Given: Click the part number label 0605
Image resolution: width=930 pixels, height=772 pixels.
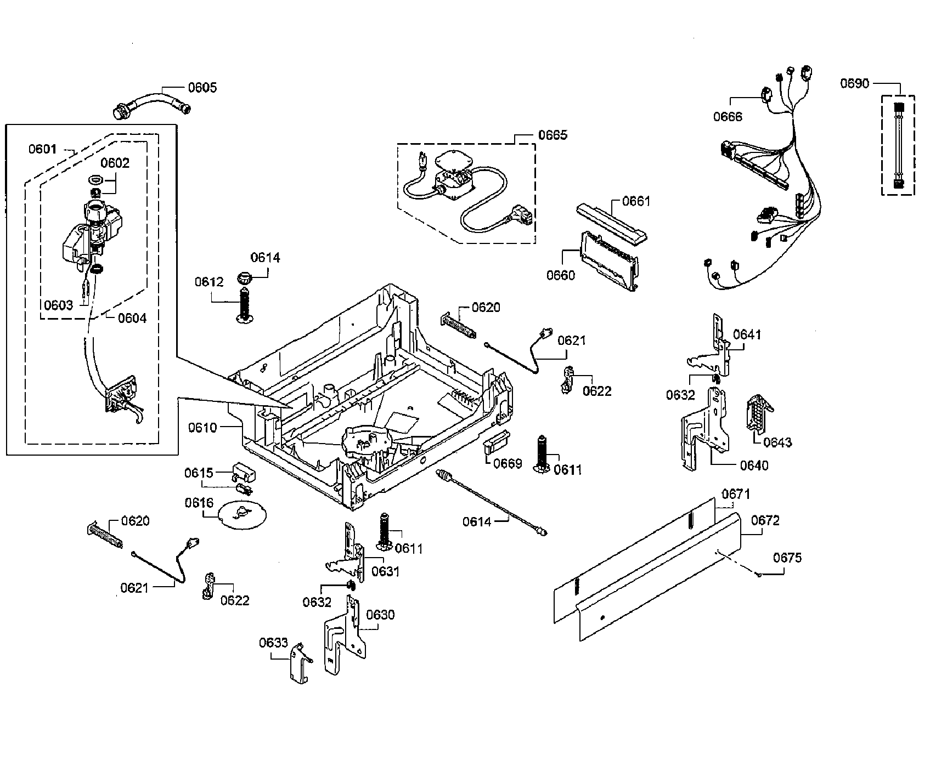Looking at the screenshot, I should click(202, 87).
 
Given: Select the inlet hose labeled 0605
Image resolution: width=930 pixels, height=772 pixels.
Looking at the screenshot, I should click(151, 103).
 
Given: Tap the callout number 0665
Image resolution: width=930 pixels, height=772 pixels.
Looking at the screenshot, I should click(553, 135).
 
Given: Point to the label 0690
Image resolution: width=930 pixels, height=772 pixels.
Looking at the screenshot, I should click(854, 83).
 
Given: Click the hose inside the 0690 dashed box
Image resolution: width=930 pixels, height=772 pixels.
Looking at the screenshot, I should click(898, 145).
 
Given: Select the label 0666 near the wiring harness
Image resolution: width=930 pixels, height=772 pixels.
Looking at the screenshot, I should click(728, 117).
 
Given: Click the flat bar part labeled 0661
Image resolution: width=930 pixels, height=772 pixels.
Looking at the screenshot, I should click(611, 222).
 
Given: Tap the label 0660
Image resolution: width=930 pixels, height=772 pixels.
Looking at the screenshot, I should click(560, 275).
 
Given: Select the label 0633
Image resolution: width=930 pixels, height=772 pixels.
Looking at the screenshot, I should click(273, 643).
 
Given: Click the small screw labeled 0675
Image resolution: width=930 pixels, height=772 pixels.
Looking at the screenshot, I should click(758, 574).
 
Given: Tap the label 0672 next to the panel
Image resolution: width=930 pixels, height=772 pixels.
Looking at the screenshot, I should click(765, 520).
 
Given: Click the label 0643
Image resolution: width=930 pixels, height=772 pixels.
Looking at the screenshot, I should click(777, 442).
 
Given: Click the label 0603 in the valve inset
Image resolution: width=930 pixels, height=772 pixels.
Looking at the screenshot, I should click(58, 305).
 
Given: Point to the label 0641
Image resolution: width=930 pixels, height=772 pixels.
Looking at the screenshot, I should click(747, 334).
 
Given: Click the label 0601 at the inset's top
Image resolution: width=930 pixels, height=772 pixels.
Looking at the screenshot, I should click(42, 149).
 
